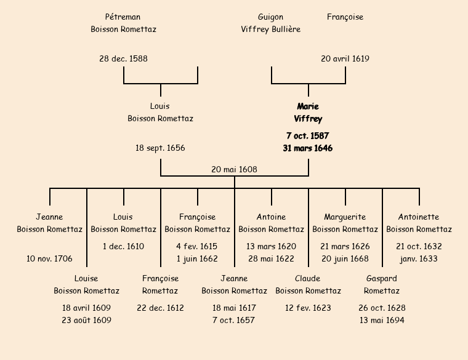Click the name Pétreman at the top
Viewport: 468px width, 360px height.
click(123, 17)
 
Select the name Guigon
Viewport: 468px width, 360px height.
click(271, 17)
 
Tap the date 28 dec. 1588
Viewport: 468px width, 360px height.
click(123, 59)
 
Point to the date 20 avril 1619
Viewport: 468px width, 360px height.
click(345, 59)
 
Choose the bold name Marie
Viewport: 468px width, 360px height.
click(308, 106)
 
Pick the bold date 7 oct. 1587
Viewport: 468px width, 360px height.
click(308, 135)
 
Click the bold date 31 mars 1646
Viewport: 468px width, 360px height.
click(308, 148)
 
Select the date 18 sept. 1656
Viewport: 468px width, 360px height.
click(160, 148)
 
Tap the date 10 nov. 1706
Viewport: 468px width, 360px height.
click(49, 259)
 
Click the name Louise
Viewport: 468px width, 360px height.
click(86, 279)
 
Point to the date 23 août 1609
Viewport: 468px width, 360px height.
click(86, 321)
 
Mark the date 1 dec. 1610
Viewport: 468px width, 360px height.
click(123, 247)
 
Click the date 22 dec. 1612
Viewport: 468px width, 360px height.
click(160, 308)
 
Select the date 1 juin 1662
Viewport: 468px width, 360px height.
click(197, 259)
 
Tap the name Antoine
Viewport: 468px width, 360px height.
click(271, 217)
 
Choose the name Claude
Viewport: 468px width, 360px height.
click(308, 279)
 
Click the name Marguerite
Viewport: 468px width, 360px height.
click(345, 217)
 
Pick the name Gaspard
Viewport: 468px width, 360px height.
click(382, 279)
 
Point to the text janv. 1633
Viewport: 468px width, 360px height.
click(419, 259)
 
